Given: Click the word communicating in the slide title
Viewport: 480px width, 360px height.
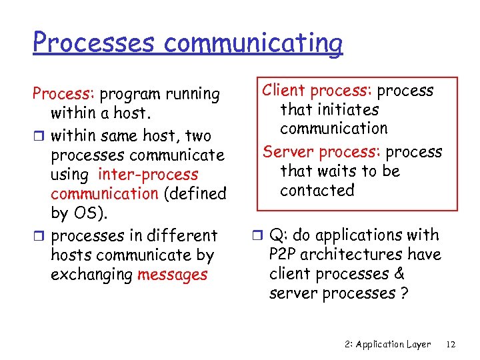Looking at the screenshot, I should tap(253, 43).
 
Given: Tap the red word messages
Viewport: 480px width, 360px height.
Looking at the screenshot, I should tap(172, 275).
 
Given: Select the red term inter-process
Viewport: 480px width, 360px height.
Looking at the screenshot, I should tap(148, 175).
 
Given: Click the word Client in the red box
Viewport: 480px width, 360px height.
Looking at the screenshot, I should tap(285, 91).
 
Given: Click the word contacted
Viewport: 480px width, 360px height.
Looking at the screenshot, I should tap(317, 191).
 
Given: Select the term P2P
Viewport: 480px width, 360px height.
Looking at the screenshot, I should tap(284, 255).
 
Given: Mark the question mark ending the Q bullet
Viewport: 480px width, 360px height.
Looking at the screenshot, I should tap(404, 294).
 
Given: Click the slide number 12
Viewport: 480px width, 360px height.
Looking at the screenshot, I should tap(451, 345).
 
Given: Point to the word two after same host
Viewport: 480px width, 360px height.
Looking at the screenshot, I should tap(198, 136).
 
